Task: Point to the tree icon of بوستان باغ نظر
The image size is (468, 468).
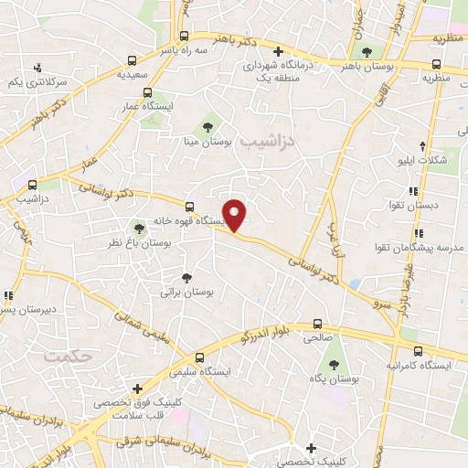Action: coord(139,229)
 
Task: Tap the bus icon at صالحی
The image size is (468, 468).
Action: coord(317,324)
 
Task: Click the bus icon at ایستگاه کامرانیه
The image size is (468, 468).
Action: coord(418,352)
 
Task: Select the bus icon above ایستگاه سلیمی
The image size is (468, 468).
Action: coord(200,357)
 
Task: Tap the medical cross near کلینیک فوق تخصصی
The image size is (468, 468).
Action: coord(136,388)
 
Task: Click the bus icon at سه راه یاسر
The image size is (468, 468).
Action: coord(184,37)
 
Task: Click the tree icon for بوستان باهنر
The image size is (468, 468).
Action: coord(368,52)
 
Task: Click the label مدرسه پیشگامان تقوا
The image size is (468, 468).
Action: coord(421,249)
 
